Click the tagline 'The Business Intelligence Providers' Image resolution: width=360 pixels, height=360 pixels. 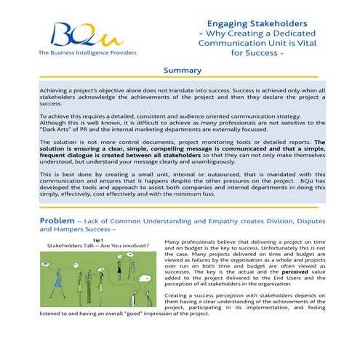pos(81,54)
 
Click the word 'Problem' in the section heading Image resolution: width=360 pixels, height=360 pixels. pos(57,220)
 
